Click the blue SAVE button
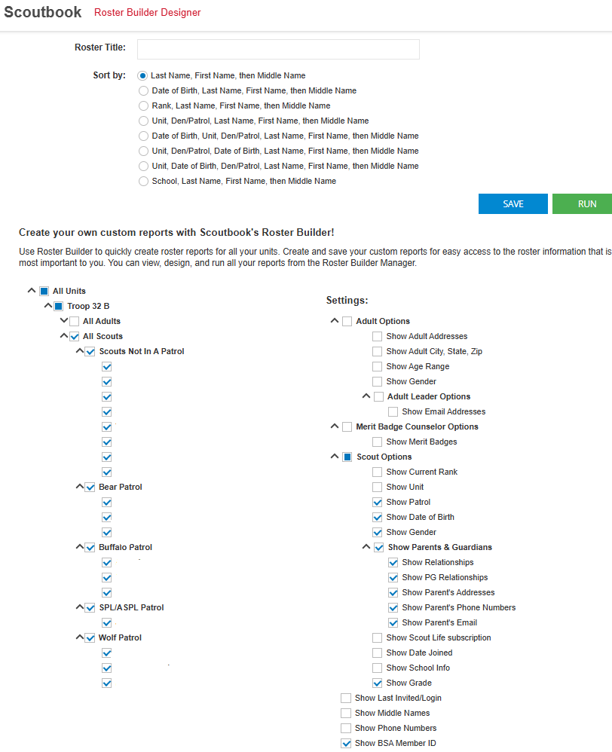(x=513, y=204)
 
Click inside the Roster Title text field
(x=278, y=49)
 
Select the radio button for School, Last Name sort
(x=143, y=181)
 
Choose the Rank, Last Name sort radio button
(x=143, y=105)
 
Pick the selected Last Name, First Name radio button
(x=142, y=75)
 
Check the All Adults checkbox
(x=75, y=321)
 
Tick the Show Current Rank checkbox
(x=377, y=472)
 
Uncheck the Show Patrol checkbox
(x=377, y=502)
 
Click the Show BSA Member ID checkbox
(x=346, y=743)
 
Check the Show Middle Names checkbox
(x=346, y=713)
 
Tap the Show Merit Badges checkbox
(x=377, y=442)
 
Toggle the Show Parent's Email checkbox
(x=393, y=622)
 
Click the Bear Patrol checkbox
(x=90, y=487)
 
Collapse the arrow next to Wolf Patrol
(x=79, y=637)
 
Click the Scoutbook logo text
(x=43, y=12)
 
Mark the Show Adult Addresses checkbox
(x=377, y=336)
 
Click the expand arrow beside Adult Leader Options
(x=367, y=396)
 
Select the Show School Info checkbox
(x=377, y=668)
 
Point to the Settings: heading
(x=347, y=300)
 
